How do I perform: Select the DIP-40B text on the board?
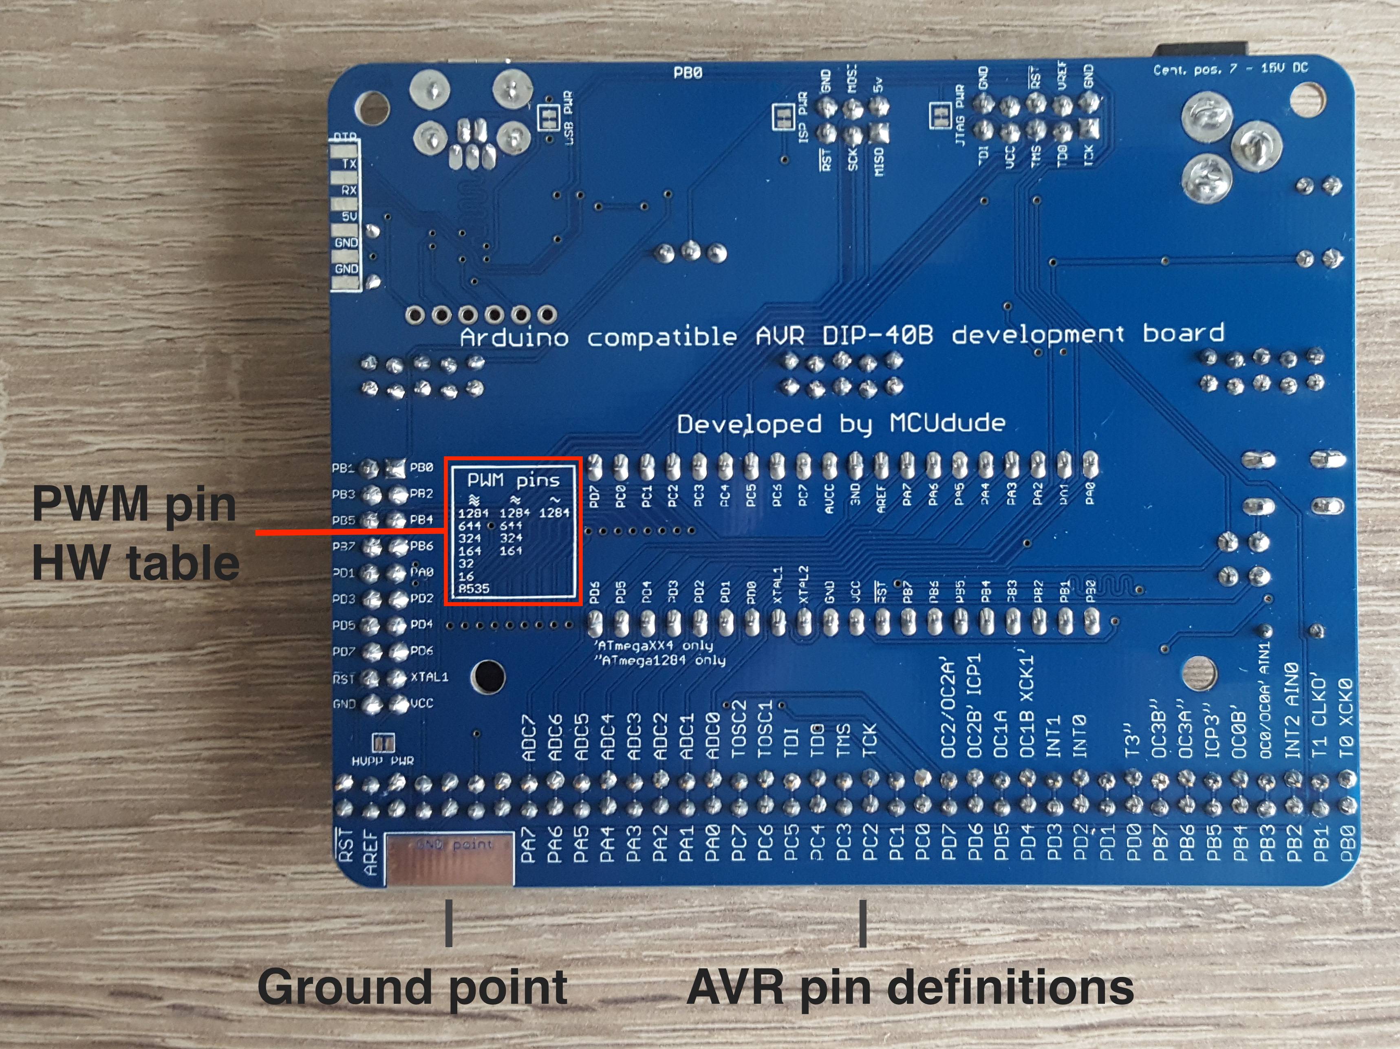[x=877, y=335]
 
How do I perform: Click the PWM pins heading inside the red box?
[x=513, y=480]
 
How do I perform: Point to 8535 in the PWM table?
[x=474, y=588]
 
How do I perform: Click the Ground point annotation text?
[x=412, y=987]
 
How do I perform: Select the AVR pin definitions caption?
[x=910, y=987]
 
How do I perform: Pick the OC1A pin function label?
[x=1000, y=734]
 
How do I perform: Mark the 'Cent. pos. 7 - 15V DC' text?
[x=1230, y=69]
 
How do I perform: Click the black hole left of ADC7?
[x=488, y=676]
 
